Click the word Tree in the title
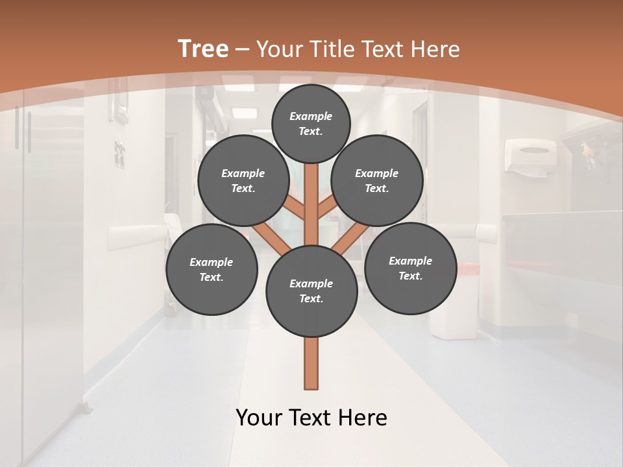(203, 49)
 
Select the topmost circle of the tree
(311, 123)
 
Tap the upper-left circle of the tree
(243, 180)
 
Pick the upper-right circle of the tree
(376, 180)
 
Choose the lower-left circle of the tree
(211, 269)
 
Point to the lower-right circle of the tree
(410, 268)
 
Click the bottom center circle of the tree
(311, 291)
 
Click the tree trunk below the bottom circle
(311, 363)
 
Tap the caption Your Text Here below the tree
(311, 418)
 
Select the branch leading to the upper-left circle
(296, 208)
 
